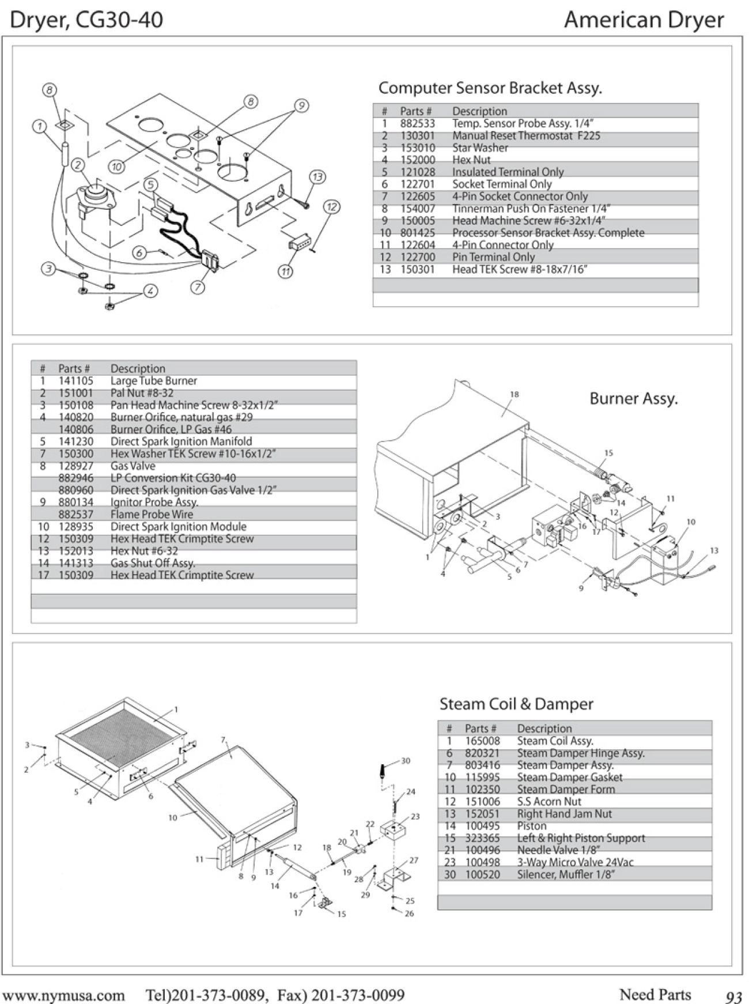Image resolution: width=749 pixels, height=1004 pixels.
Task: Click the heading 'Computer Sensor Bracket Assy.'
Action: [x=490, y=88]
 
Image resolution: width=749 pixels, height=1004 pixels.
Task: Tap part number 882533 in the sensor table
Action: [x=417, y=123]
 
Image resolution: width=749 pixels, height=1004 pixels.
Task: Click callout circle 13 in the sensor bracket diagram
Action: [x=317, y=177]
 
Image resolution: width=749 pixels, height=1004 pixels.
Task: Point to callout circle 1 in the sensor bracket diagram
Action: [x=39, y=126]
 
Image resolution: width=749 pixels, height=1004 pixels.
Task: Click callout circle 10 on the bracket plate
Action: [x=117, y=167]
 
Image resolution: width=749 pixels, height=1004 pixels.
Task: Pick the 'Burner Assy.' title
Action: [x=633, y=399]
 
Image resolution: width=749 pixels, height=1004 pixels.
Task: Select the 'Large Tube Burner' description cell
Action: [x=153, y=381]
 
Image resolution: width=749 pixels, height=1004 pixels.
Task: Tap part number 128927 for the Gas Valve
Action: [x=75, y=466]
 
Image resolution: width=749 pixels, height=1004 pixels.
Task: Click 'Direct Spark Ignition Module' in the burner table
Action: [x=178, y=526]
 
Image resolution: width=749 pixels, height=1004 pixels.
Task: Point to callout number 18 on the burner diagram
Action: [x=514, y=394]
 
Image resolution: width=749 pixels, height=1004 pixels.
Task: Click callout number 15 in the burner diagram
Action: [x=609, y=453]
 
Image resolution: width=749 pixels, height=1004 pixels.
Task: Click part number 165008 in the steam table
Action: [x=482, y=741]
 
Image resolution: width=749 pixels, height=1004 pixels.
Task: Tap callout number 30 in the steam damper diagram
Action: [x=406, y=761]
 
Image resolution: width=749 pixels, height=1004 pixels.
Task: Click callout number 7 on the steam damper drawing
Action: [x=223, y=739]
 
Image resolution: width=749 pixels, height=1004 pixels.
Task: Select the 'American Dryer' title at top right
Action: [x=644, y=20]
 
